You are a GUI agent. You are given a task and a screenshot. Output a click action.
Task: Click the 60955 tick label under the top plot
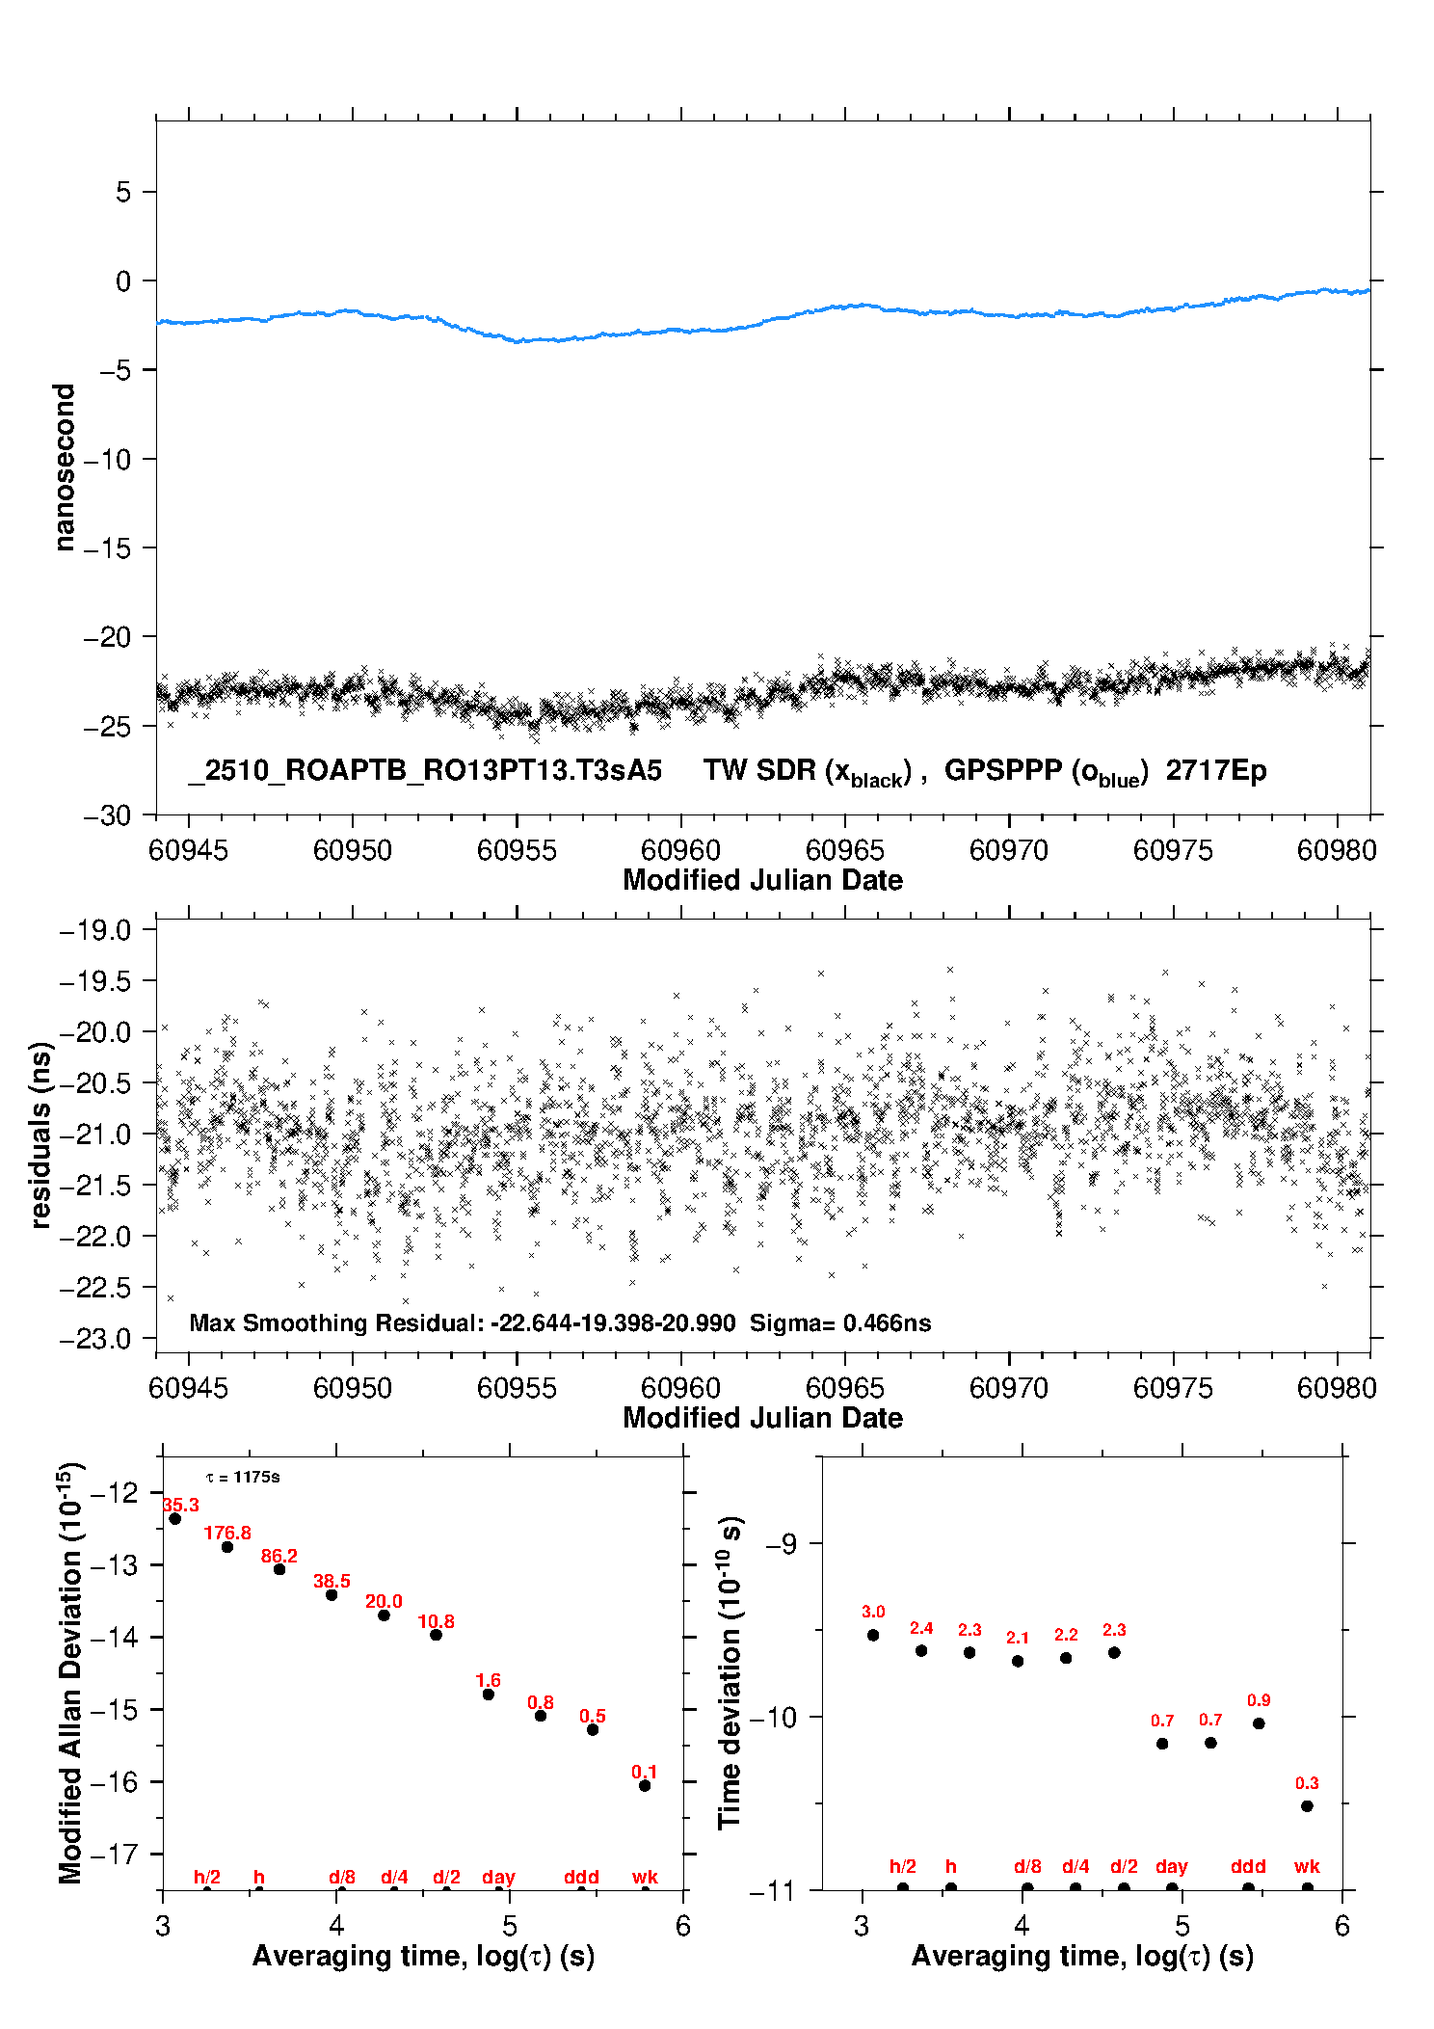[517, 850]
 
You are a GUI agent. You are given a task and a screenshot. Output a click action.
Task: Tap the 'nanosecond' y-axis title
[65, 467]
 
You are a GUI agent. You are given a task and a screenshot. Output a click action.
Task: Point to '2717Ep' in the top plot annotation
[1216, 770]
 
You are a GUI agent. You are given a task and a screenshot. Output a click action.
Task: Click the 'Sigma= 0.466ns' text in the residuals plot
[840, 1322]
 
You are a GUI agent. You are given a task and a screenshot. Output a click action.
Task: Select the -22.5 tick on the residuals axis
[94, 1288]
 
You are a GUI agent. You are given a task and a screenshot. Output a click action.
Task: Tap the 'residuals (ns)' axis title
[40, 1135]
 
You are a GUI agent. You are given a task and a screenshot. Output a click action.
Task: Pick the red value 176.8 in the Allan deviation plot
[227, 1533]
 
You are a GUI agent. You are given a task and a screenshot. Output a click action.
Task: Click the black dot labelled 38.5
[332, 1594]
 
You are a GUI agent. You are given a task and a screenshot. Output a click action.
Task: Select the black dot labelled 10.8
[436, 1634]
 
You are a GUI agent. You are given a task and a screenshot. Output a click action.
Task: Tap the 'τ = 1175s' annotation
[243, 1477]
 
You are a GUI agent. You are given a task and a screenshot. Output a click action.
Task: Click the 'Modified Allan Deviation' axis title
[70, 1672]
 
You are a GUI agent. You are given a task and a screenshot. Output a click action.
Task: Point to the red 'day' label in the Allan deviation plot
[498, 1877]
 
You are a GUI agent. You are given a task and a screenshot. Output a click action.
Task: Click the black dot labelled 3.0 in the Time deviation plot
[873, 1635]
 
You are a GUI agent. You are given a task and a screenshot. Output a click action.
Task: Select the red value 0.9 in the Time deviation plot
[1259, 1700]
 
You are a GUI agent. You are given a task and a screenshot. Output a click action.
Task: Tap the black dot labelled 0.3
[1307, 1805]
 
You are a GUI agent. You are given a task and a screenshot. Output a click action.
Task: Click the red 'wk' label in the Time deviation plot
[1307, 1866]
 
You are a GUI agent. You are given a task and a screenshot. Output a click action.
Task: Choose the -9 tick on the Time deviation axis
[781, 1544]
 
